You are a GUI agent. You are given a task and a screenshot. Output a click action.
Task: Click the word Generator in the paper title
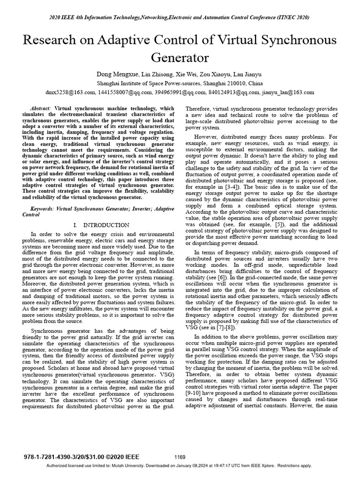[180, 58]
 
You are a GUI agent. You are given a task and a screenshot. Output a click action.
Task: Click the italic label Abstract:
[41, 108]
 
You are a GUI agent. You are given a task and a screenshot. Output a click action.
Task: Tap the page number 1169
[180, 457]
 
